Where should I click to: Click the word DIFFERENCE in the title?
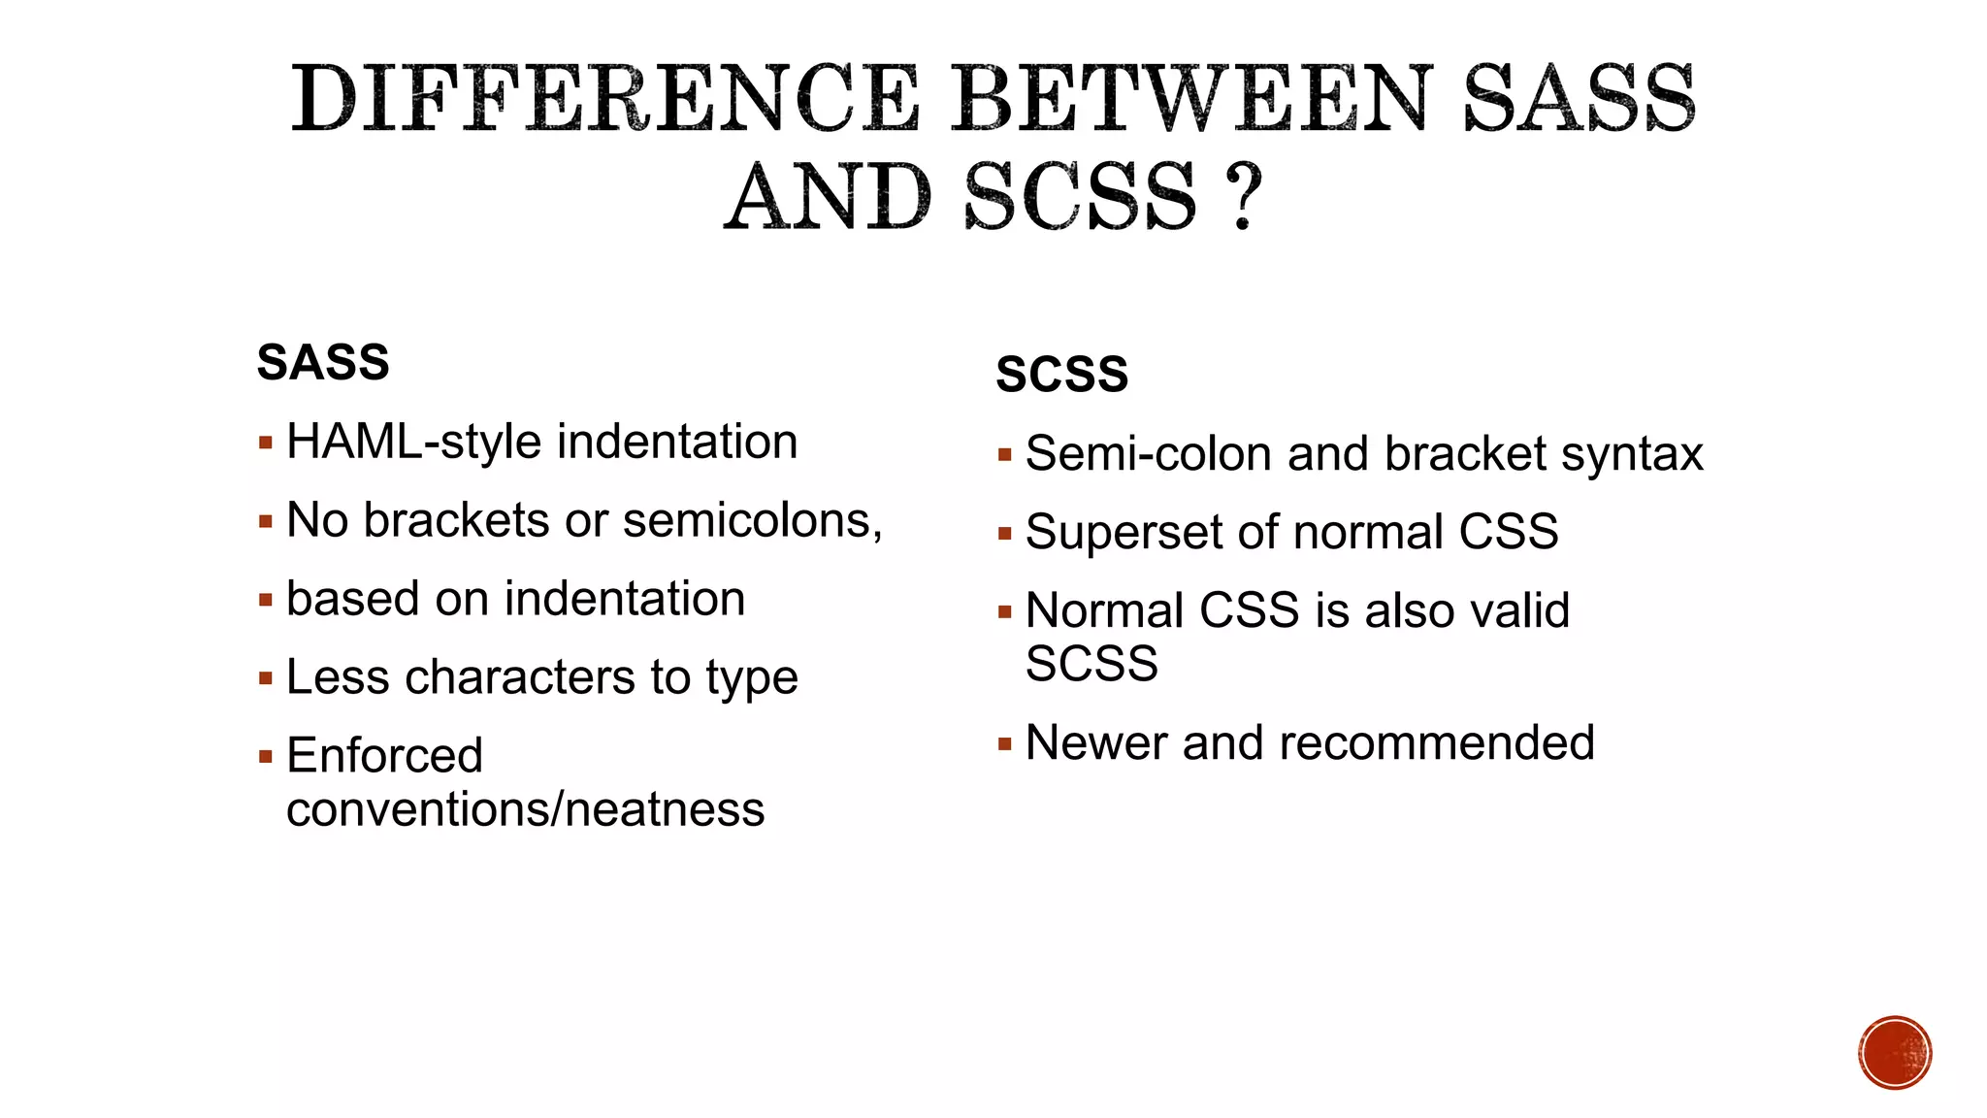tap(604, 99)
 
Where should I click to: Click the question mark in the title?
tap(1243, 197)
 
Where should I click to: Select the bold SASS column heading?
tap(323, 363)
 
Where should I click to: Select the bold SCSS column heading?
tap(1062, 375)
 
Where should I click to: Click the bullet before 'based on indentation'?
tap(266, 600)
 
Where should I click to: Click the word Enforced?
tap(384, 756)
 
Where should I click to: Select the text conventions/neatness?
tap(525, 810)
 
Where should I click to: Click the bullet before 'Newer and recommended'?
tap(1005, 744)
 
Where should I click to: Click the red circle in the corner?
tap(1895, 1053)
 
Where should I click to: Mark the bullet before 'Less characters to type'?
tap(266, 678)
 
